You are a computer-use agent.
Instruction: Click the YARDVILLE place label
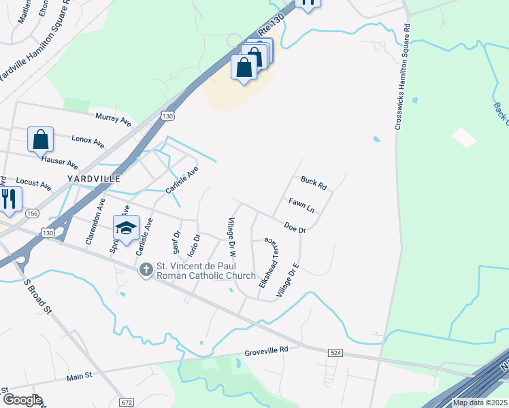94,178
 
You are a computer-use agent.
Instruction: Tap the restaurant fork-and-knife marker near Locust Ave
9,199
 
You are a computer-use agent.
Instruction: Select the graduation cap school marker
126,228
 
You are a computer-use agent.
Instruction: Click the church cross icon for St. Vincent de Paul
145,271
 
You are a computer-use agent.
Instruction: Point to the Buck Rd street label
314,182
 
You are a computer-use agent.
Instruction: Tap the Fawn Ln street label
300,204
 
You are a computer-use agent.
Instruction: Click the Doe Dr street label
295,228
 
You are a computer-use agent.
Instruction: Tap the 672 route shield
126,403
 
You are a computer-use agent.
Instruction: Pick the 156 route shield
32,214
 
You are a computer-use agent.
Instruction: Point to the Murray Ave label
113,118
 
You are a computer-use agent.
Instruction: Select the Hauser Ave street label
60,163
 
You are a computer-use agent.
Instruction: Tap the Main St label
79,375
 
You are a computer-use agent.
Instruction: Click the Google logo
22,401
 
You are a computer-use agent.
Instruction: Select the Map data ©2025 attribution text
480,403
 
